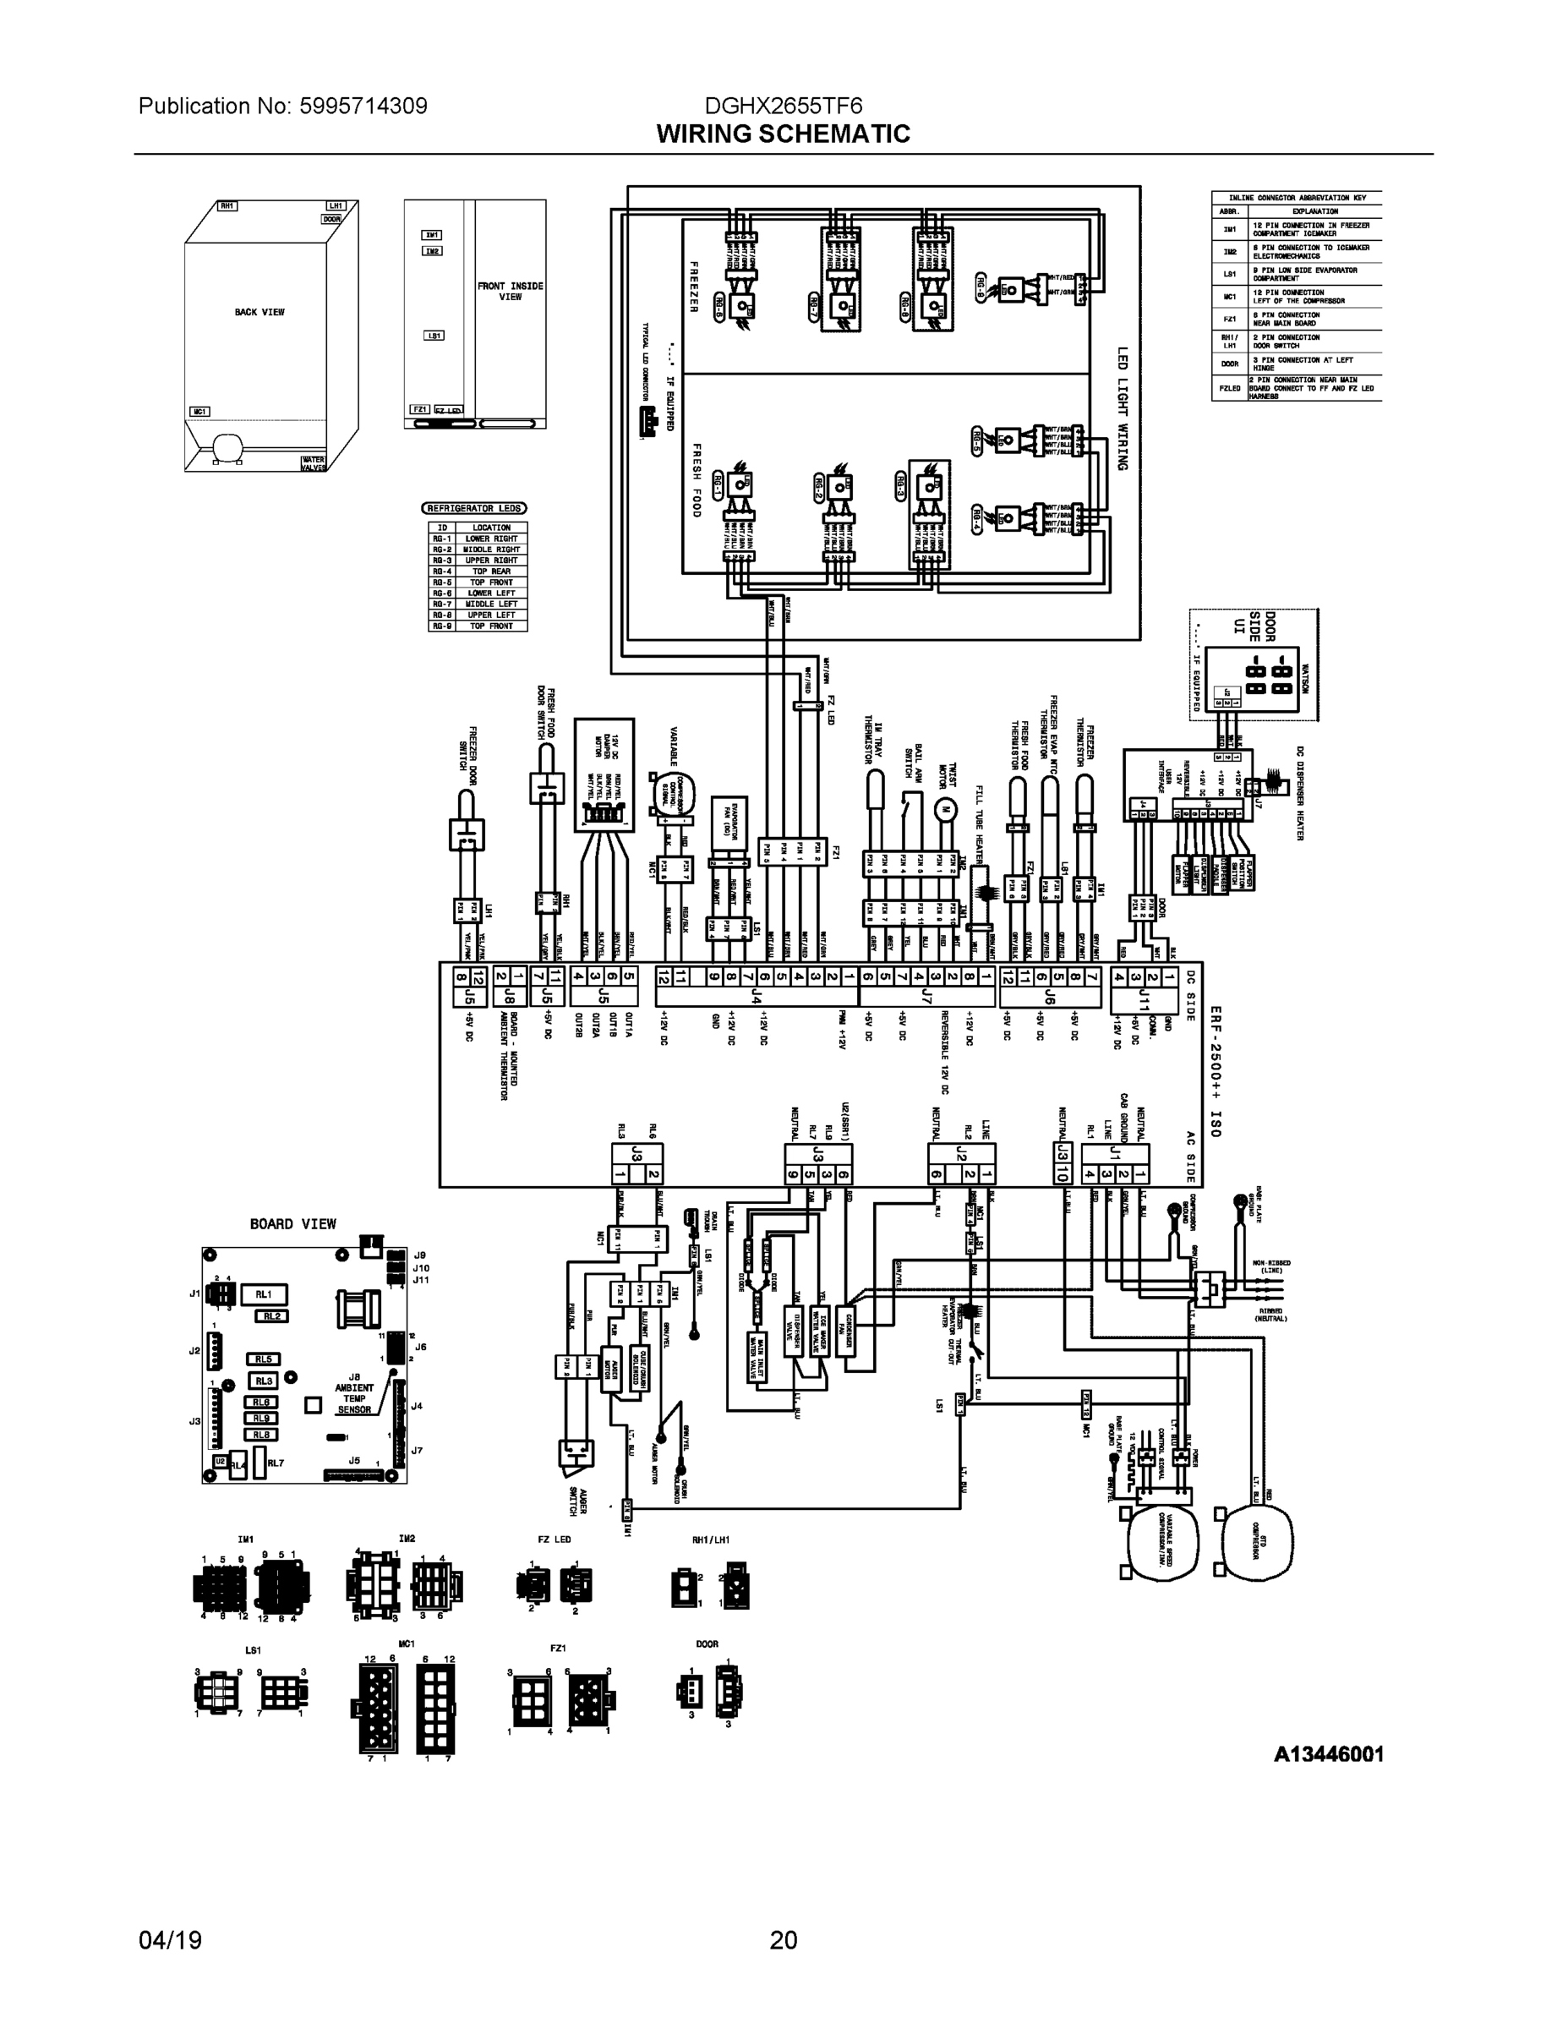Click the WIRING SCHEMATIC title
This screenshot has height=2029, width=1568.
(783, 134)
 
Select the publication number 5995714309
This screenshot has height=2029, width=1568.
(363, 106)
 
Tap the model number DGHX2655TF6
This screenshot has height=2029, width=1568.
(783, 106)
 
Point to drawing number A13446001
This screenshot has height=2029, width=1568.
(1328, 1754)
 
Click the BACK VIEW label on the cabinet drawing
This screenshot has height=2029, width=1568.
(260, 312)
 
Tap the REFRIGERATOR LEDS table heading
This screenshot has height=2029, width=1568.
(473, 508)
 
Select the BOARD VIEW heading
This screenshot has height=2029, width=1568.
(292, 1223)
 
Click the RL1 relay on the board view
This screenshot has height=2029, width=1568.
(264, 1294)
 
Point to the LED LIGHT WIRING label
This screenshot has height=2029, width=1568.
(1123, 409)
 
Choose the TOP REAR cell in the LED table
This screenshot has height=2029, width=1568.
(491, 572)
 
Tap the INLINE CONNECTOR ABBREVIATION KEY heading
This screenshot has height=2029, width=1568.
(1296, 198)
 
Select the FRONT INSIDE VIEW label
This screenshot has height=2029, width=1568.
(510, 291)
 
